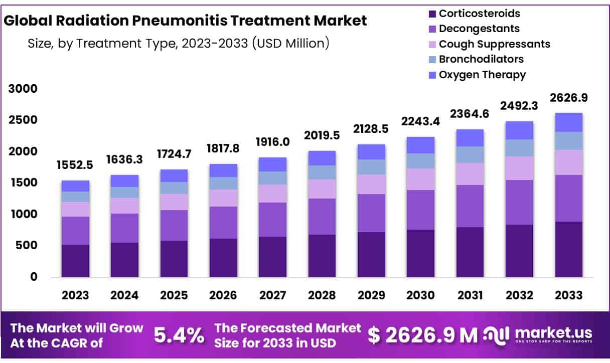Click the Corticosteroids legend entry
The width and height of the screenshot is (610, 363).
point(479,14)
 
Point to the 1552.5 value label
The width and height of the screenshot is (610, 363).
point(75,165)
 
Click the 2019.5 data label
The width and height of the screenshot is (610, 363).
point(322,135)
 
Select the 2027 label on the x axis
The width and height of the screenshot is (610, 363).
point(272,295)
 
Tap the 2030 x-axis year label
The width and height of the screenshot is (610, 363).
point(420,295)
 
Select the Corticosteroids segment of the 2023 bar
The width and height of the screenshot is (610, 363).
point(75,261)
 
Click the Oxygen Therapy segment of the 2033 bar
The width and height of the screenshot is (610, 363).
point(568,122)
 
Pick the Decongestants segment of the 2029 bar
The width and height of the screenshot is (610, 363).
point(371,213)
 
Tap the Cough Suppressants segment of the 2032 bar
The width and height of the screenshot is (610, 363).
point(519,168)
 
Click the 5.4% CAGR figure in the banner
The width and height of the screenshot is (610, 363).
point(179,335)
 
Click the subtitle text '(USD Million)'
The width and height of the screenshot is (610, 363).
point(291,44)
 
